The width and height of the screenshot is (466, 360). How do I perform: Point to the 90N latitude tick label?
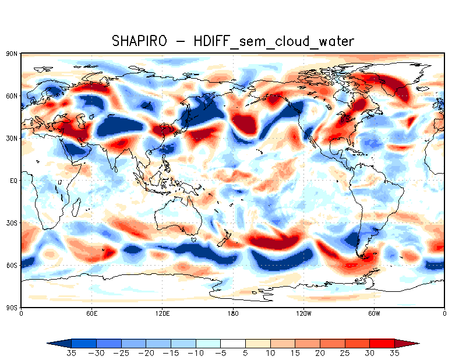11,54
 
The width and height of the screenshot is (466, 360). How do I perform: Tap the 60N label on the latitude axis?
11,96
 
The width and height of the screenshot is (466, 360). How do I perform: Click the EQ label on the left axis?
13,181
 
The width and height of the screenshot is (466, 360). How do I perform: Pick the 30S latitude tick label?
11,223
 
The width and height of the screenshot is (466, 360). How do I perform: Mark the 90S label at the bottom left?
11,308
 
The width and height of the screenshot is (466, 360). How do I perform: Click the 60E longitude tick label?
91,314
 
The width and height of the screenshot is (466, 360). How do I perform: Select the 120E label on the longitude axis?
162,314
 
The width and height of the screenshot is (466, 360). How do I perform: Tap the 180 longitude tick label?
233,314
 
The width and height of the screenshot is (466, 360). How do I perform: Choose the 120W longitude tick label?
303,314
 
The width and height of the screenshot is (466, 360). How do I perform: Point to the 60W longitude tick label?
374,314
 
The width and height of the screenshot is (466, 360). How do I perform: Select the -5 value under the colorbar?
221,353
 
